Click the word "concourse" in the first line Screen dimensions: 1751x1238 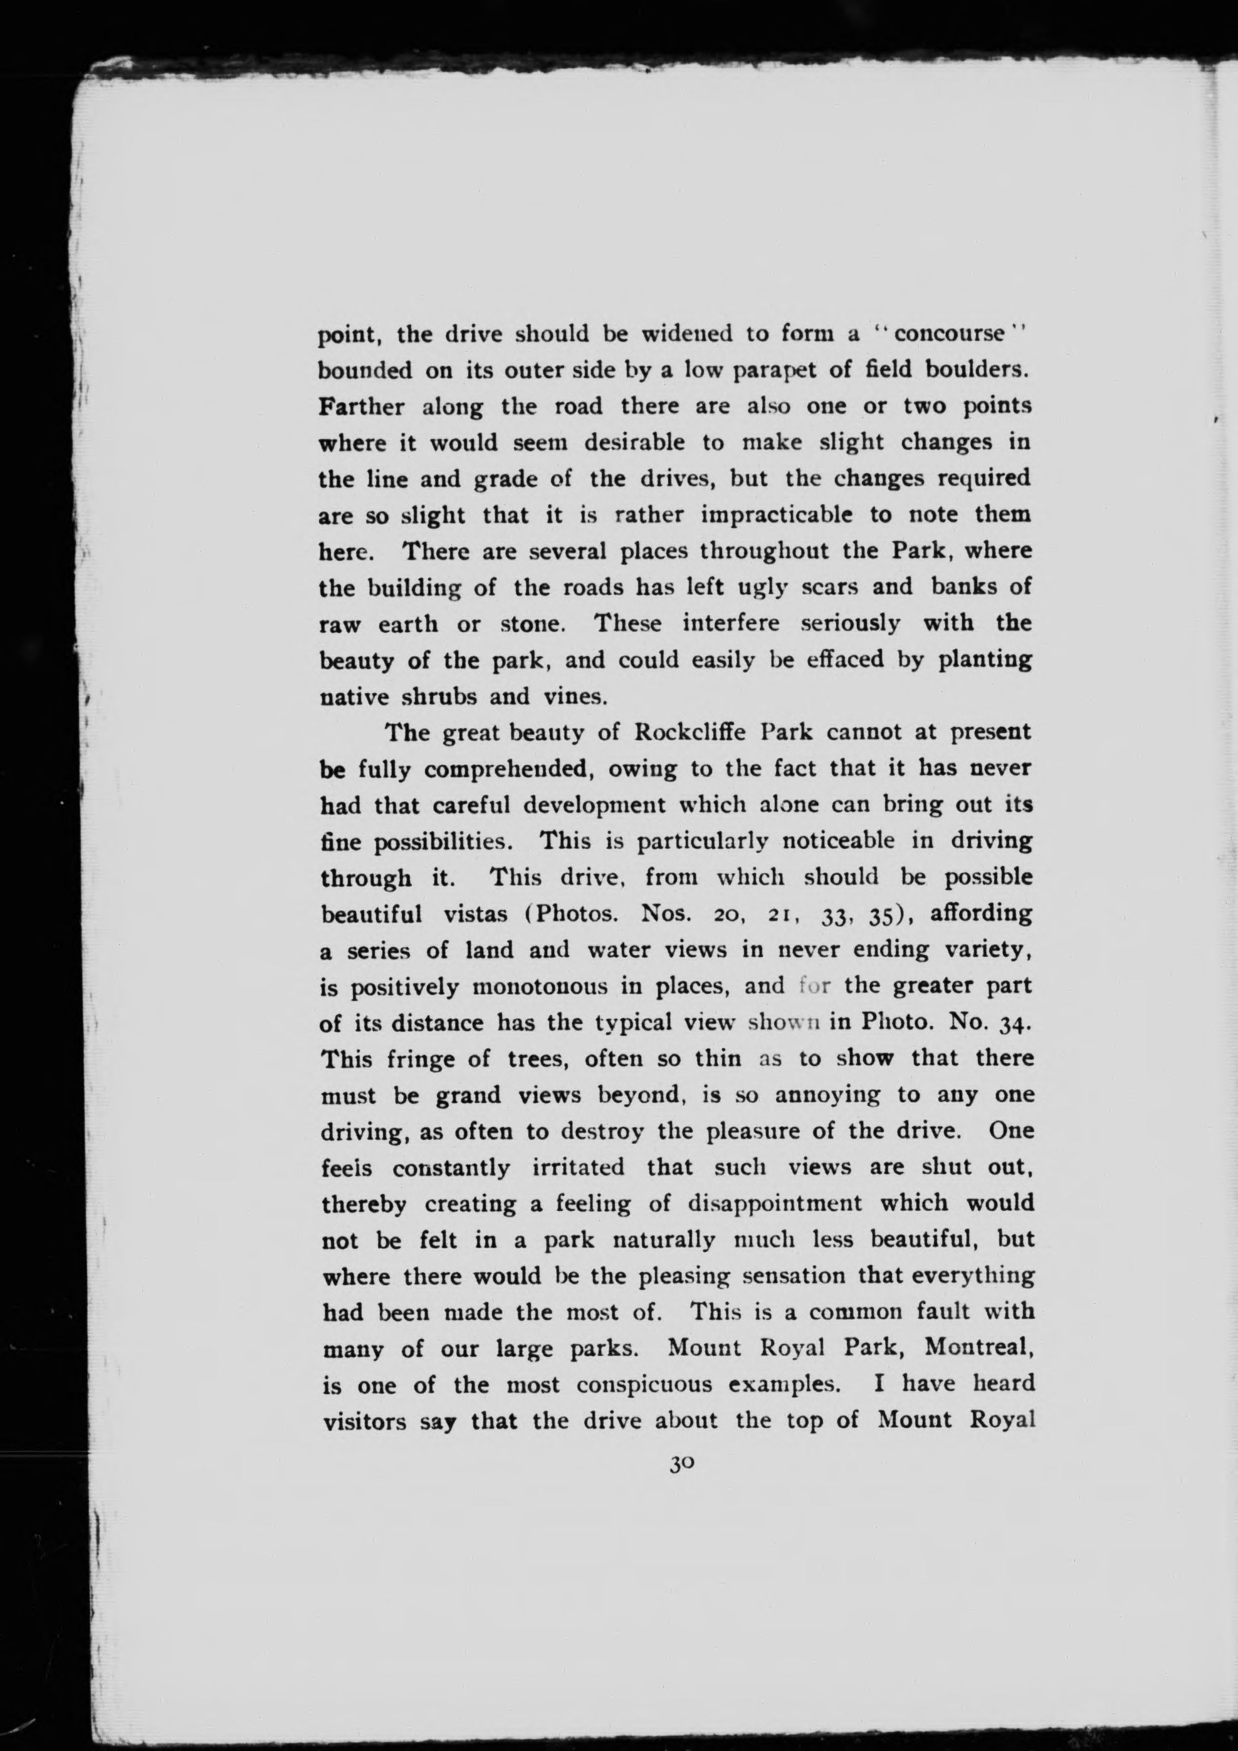pos(948,334)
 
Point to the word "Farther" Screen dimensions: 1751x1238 pos(361,406)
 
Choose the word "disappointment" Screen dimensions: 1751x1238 pos(775,1204)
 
